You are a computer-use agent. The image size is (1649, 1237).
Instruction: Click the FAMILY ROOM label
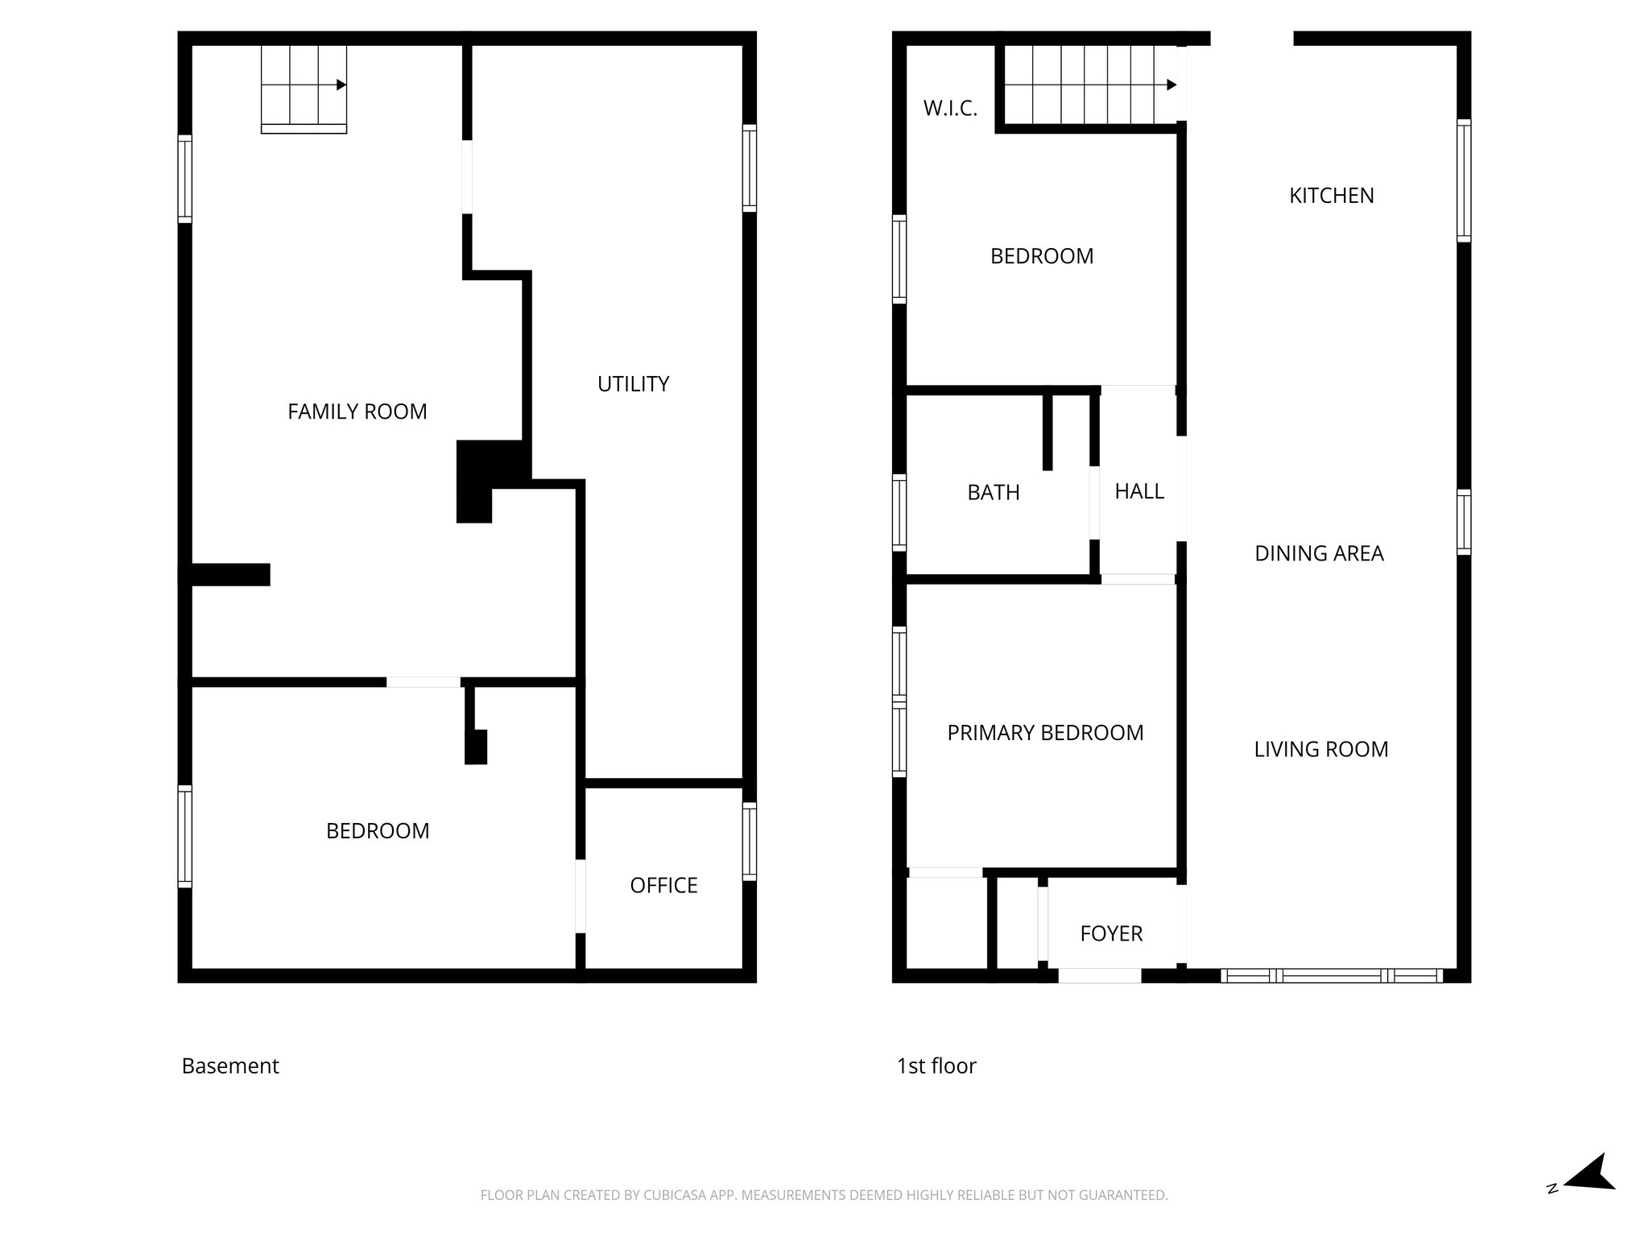[x=357, y=412]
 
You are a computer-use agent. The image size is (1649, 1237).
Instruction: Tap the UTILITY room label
[x=633, y=384]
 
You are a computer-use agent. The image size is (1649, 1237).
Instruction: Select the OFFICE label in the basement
[x=663, y=885]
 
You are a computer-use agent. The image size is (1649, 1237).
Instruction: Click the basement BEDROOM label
[x=377, y=831]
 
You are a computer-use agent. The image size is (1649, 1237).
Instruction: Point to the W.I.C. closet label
[x=950, y=109]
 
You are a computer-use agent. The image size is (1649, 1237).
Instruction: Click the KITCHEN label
[x=1331, y=196]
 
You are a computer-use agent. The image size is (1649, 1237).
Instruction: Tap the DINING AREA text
[x=1319, y=553]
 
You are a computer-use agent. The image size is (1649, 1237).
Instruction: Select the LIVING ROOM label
[x=1320, y=749]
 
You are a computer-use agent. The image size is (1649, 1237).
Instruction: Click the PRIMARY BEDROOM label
[x=1045, y=733]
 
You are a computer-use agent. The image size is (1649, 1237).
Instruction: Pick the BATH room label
[x=993, y=492]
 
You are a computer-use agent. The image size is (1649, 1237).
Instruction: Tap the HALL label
[x=1139, y=491]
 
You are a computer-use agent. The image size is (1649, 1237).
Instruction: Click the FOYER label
[x=1111, y=933]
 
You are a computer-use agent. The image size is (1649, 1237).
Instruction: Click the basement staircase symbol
[x=304, y=87]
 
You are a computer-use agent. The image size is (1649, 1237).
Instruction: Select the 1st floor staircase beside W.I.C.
[x=1087, y=85]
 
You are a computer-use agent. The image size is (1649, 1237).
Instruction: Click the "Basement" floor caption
[x=230, y=1065]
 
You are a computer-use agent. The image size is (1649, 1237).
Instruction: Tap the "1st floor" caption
[x=936, y=1065]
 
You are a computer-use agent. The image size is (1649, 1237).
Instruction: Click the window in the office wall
[x=749, y=842]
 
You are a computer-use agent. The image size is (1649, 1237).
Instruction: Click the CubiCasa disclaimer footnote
[x=824, y=1195]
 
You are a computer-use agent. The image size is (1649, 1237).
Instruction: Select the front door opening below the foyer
[x=1099, y=976]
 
